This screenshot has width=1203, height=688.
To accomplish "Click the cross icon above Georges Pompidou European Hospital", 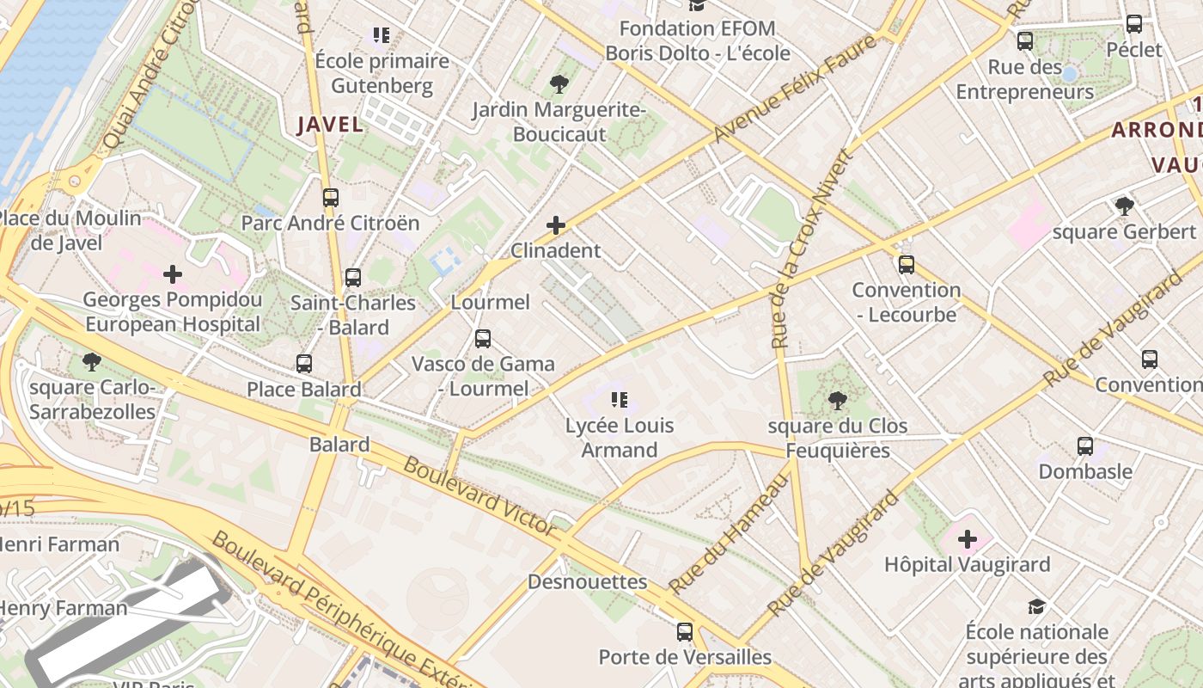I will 173,274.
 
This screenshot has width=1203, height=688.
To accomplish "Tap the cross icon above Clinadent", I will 556,225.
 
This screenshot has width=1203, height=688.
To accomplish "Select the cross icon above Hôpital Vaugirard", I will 968,539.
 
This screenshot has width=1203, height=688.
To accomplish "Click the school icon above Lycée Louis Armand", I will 620,399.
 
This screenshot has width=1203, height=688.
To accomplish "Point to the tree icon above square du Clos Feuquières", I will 837,400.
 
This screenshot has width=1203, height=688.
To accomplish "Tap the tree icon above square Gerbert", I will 1124,206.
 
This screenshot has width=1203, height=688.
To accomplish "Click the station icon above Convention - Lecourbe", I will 906,264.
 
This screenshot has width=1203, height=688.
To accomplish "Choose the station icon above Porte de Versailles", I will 685,632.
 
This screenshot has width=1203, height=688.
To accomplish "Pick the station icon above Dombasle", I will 1085,445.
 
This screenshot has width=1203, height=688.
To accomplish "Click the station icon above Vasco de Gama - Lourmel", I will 483,338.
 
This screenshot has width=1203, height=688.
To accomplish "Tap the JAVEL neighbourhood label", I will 330,125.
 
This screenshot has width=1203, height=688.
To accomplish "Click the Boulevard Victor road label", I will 479,495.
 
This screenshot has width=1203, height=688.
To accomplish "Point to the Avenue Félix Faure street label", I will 796,89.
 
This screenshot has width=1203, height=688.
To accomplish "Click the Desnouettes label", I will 587,582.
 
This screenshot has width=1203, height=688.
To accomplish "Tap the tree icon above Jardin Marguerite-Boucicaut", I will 559,83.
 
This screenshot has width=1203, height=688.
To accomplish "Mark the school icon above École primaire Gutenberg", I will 382,35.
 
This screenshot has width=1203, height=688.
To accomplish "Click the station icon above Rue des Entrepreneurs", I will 1024,40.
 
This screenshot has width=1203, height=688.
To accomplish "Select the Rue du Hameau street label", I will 729,534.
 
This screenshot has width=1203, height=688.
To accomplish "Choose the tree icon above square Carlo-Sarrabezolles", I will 91,361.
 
